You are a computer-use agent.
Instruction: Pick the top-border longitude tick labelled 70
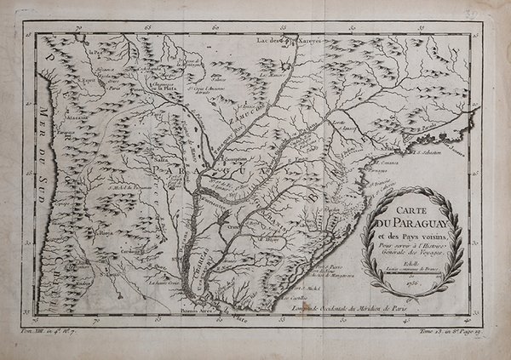click(78, 28)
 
